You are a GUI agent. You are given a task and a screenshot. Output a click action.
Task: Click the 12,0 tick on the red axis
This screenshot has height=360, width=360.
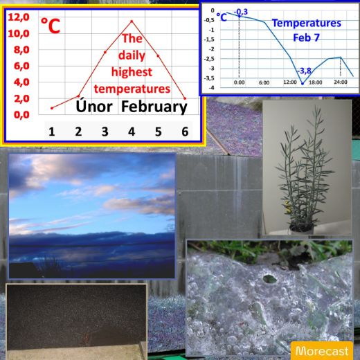pos(19,17)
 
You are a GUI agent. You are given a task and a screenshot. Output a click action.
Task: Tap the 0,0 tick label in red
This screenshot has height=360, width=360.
pos(21,115)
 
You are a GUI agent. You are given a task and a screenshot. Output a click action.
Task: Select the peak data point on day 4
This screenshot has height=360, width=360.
pos(132,21)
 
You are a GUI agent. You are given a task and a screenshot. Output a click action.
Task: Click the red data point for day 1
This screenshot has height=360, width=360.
pos(52,108)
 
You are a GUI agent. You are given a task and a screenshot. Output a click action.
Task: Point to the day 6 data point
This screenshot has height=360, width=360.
pos(185,98)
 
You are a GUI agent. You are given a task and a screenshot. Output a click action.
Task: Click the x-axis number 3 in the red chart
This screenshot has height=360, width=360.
pos(105,132)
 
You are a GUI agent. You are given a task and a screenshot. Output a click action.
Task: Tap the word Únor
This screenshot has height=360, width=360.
pos(94,107)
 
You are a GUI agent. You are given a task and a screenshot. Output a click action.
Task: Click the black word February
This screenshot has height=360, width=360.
pos(154,107)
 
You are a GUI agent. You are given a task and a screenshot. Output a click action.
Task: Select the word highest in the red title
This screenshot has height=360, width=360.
pos(132,72)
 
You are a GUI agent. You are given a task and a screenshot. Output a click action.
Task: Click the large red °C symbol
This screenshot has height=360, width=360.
pos(51,26)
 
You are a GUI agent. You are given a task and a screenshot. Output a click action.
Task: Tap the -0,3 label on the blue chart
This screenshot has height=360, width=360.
pos(241,12)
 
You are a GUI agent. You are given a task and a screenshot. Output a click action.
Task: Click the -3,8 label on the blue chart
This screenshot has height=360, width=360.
pos(304,71)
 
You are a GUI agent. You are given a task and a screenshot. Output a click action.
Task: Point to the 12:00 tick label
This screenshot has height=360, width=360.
pos(290,82)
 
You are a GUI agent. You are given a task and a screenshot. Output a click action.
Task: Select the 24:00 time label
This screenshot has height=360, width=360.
pos(341,82)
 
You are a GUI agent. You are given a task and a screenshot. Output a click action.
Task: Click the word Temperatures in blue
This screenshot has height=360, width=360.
pos(307,23)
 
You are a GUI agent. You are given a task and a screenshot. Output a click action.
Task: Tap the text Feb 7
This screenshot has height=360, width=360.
pos(306,37)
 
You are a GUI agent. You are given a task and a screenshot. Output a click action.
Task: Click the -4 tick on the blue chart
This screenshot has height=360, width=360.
pos(211,88)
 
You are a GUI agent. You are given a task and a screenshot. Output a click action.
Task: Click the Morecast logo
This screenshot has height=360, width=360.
pos(322,351)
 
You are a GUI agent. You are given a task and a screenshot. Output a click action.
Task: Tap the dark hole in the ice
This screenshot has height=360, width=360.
pos(269,279)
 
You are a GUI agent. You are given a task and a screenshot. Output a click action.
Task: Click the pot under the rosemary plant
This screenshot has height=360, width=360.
pos(302,228)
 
